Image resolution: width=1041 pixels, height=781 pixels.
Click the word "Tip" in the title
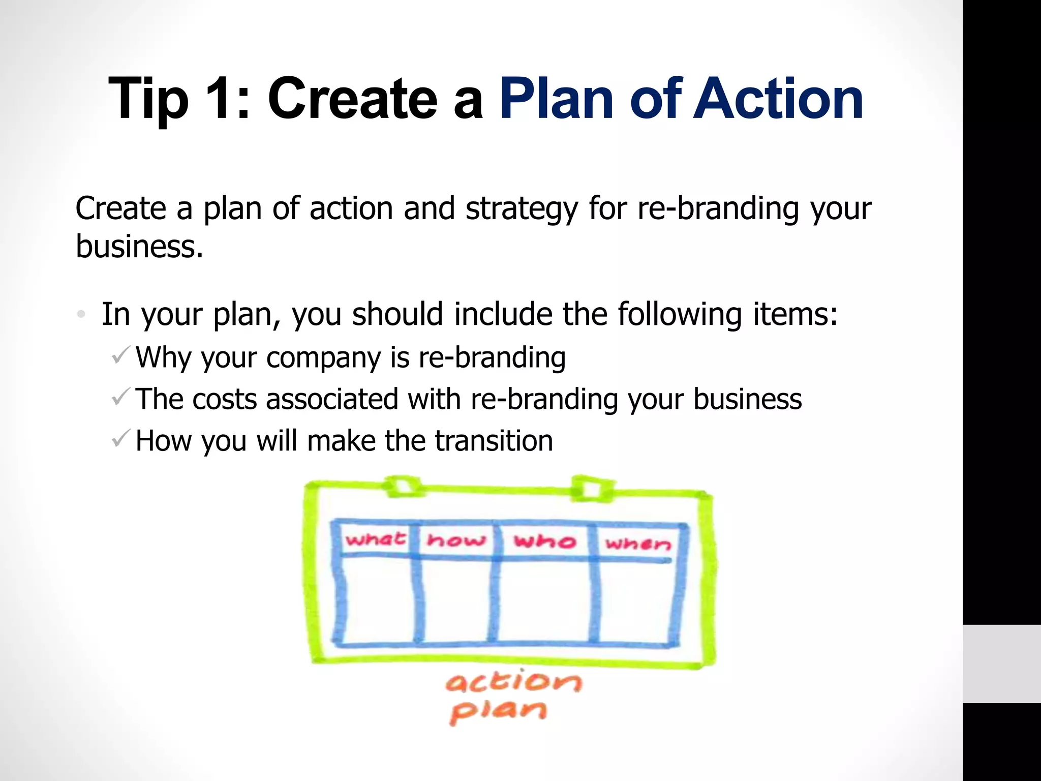[x=148, y=99]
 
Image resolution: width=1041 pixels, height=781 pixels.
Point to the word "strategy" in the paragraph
[x=522, y=209]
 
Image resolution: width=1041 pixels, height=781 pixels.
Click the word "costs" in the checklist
[x=224, y=399]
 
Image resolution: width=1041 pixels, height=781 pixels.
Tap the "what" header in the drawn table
[x=375, y=538]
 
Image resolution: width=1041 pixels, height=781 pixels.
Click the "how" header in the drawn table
[x=456, y=539]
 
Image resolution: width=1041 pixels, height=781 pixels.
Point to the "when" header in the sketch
[x=638, y=544]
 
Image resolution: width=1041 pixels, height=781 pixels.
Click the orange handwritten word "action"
[x=513, y=682]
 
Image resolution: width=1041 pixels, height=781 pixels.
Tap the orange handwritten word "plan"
[x=498, y=710]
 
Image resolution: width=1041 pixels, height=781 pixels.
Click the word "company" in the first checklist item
[x=323, y=358]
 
